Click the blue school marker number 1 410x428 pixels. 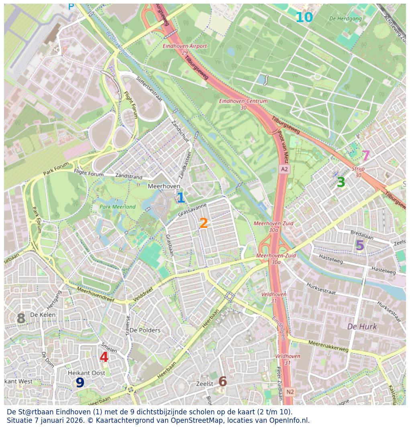coord(181,198)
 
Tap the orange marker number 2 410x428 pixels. coord(204,223)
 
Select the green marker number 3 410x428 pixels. coord(341,183)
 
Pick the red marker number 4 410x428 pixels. coord(104,357)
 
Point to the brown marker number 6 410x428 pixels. coord(222,382)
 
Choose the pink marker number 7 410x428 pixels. coord(365,156)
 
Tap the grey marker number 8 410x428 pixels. coord(21,319)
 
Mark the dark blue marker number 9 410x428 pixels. coord(80,383)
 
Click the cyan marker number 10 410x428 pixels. coord(304,18)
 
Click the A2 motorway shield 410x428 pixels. coord(284,169)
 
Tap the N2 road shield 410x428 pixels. coord(290,392)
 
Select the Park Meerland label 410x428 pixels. coord(118,207)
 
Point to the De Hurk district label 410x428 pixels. coord(362,327)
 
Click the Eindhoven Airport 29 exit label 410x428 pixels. coord(185,49)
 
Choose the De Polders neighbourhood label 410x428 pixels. coord(145,330)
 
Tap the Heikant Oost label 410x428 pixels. coord(86,373)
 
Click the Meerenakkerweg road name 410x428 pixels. coord(328,346)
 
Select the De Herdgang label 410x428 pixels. coord(345,18)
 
